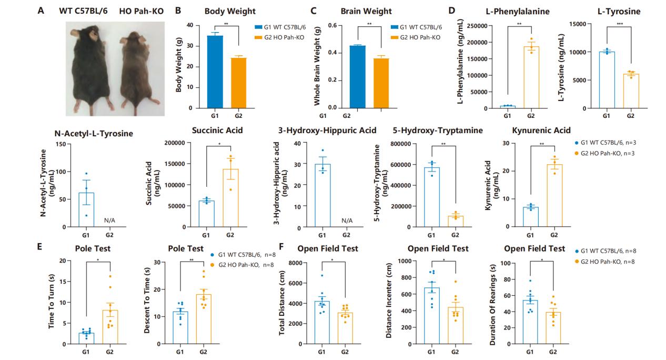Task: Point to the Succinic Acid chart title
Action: point(217,131)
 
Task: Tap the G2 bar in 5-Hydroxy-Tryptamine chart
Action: point(456,221)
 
